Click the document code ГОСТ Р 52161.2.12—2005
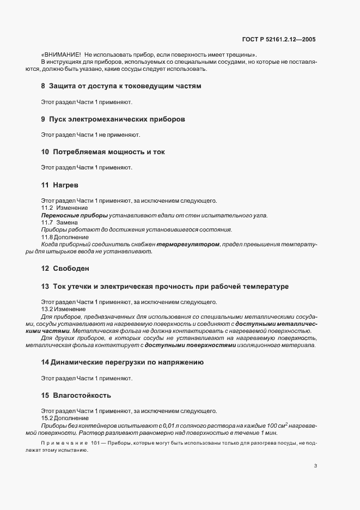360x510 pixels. coord(278,39)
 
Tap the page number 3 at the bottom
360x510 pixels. coord(315,465)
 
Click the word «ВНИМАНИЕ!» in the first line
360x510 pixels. coord(62,55)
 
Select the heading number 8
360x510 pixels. coord(44,86)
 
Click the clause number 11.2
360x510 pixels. coord(47,208)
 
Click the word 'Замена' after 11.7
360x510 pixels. coord(68,223)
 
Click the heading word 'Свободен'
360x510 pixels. coord(71,269)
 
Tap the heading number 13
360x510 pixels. coord(45,287)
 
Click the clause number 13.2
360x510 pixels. coord(47,309)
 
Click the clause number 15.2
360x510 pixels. coord(47,418)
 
